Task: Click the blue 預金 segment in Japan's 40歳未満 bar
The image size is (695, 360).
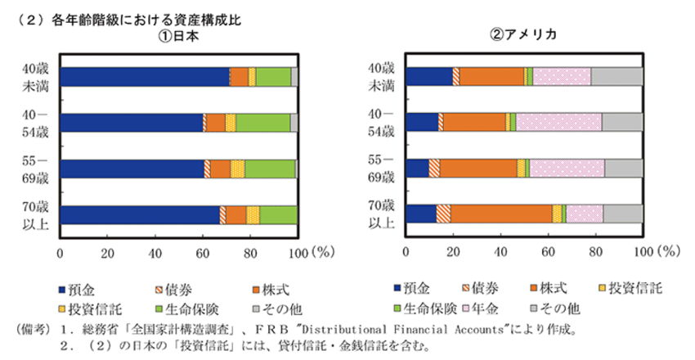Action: pos(144,77)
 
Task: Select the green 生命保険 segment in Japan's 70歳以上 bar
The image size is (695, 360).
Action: pos(279,214)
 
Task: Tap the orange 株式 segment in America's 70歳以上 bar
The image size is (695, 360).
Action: pos(500,214)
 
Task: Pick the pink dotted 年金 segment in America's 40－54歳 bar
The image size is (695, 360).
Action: pos(558,123)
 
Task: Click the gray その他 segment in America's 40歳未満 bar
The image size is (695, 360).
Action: pos(617,77)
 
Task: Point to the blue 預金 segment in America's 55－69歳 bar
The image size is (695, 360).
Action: pos(416,169)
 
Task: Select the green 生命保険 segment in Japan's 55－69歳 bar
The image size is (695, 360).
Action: pos(270,169)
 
